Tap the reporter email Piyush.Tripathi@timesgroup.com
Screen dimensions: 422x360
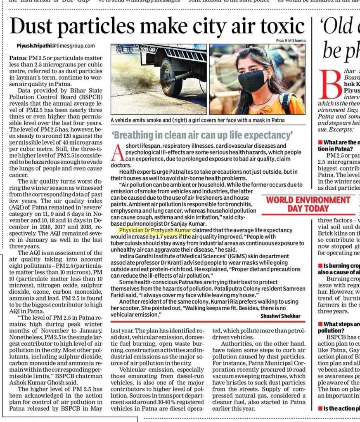pyautogui.click(x=56, y=46)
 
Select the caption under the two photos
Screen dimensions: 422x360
pyautogui.click(x=198, y=120)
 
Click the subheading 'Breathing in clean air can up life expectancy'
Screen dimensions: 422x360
pyautogui.click(x=202, y=135)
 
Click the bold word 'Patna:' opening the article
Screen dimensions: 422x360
pyautogui.click(x=18, y=54)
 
